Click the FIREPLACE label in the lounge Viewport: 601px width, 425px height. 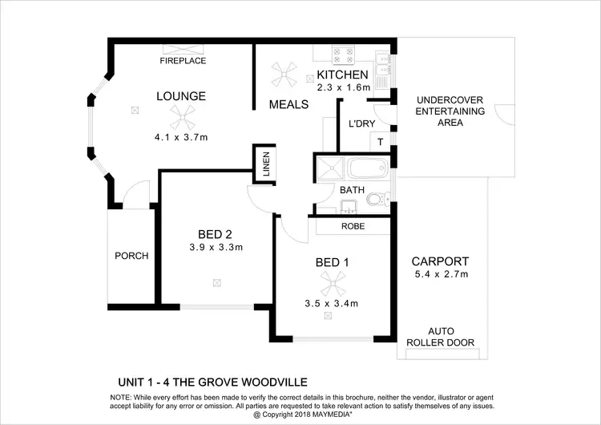point(183,61)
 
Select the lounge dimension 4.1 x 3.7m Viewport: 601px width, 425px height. point(181,138)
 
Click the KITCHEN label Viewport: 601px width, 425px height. point(344,75)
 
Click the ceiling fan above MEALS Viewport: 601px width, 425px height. point(284,77)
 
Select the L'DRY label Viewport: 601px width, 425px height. point(362,123)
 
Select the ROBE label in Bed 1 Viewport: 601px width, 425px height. point(353,226)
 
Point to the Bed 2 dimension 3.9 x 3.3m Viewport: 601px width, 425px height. point(216,247)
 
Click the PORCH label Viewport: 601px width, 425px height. point(131,257)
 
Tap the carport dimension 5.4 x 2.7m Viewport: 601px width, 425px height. point(439,274)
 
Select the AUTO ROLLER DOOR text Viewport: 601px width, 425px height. point(451,337)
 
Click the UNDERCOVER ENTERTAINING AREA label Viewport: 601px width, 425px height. point(450,111)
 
